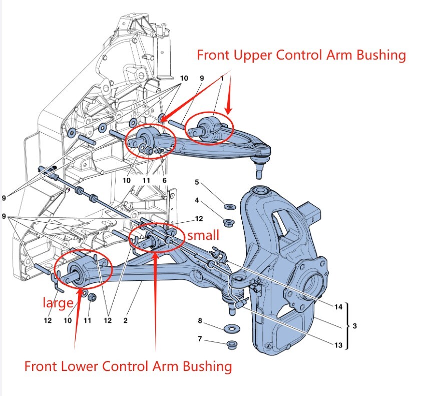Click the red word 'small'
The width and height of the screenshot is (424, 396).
click(203, 235)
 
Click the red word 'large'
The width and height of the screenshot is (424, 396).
click(58, 303)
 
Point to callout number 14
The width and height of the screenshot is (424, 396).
click(338, 307)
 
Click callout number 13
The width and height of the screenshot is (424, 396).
click(338, 345)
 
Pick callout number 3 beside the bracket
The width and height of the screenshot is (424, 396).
click(354, 326)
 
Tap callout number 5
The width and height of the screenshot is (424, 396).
click(197, 182)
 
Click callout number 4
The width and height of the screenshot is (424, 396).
click(197, 200)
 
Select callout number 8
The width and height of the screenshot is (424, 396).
click(200, 320)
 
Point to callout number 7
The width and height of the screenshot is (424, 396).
click(200, 338)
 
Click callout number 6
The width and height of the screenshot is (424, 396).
click(164, 180)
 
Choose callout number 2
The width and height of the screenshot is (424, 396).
click(125, 320)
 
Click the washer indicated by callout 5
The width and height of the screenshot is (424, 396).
click(230, 207)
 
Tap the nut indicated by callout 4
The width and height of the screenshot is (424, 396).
click(229, 223)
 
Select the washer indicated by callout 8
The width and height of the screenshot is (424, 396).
click(232, 329)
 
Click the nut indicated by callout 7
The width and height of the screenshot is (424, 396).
click(231, 344)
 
